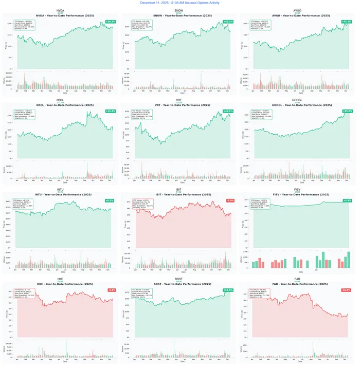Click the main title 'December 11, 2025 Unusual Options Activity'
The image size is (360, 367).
pos(180,3)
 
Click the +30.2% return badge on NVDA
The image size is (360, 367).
pos(110,22)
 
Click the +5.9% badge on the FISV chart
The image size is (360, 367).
pos(347,200)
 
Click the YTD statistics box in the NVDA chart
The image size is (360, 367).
pos(26,26)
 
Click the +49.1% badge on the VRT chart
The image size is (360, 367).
pos(228,111)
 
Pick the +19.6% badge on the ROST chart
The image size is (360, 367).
pos(228,290)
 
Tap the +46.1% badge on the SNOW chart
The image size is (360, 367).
pos(228,22)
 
